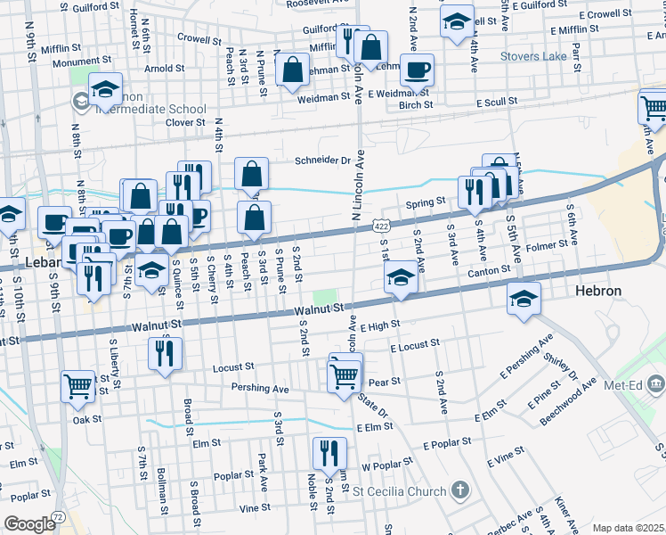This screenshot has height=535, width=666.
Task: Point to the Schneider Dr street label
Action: (323, 161)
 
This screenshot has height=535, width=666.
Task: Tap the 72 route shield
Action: (58, 516)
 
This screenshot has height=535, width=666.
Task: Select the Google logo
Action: (29, 524)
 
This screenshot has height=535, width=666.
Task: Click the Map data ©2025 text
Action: (628, 528)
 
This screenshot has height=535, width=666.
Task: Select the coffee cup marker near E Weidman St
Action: (417, 70)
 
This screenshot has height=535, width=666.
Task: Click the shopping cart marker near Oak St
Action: (77, 386)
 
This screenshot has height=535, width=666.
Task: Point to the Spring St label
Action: (425, 202)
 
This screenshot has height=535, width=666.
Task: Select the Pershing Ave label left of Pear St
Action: (260, 390)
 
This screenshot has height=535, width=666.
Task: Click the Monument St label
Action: (80, 62)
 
